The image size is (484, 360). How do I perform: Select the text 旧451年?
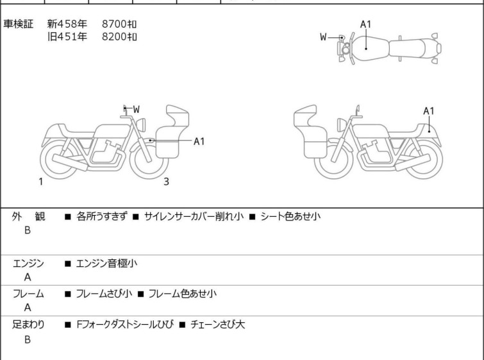tap(67, 37)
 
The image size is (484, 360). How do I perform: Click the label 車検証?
tap(19, 24)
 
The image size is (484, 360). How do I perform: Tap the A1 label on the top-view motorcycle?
tap(365, 24)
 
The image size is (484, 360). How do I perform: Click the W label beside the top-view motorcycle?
tap(324, 37)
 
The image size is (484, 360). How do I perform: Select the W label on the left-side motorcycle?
tap(136, 110)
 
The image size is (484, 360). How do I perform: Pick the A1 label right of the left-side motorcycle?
tap(199, 141)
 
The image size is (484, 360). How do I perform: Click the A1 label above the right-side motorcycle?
tap(429, 110)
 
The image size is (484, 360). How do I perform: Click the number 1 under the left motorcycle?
tap(40, 182)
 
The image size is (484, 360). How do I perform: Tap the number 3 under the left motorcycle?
tap(166, 182)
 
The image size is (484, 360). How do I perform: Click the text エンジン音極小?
tap(106, 263)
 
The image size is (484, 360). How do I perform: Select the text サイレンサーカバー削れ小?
tap(194, 216)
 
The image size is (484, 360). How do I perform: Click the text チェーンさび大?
tap(217, 325)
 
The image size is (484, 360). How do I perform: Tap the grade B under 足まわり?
tap(28, 339)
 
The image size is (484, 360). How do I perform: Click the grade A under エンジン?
tap(28, 277)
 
